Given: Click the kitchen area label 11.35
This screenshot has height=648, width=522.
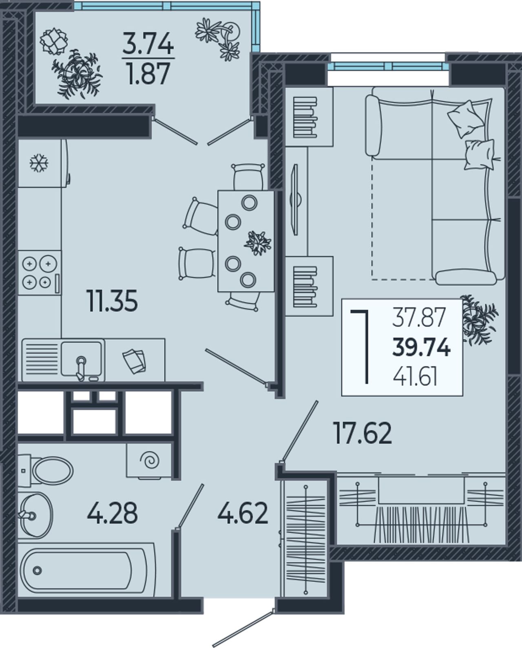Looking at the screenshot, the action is (112, 300).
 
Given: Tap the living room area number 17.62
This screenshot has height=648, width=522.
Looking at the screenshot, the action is (363, 433).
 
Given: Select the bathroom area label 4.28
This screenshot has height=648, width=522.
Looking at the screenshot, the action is (113, 513).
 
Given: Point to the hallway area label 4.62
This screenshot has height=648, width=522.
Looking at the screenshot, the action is (243, 513).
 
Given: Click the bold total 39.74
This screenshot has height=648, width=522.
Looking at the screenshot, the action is (421, 348).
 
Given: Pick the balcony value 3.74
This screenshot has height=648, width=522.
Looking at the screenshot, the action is (148, 44).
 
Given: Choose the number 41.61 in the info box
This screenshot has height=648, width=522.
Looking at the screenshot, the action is (415, 378).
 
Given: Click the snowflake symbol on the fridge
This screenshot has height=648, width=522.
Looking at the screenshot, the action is (39, 163).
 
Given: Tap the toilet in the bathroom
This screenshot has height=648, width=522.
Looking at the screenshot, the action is (45, 470).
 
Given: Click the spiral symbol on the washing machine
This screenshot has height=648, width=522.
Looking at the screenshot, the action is (150, 460).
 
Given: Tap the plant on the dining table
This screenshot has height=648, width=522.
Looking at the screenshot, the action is (258, 243).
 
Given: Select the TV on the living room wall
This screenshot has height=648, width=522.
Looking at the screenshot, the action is (295, 199).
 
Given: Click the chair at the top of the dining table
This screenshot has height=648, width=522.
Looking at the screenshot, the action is (248, 177).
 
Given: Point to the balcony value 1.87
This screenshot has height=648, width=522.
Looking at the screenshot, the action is (148, 74).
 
